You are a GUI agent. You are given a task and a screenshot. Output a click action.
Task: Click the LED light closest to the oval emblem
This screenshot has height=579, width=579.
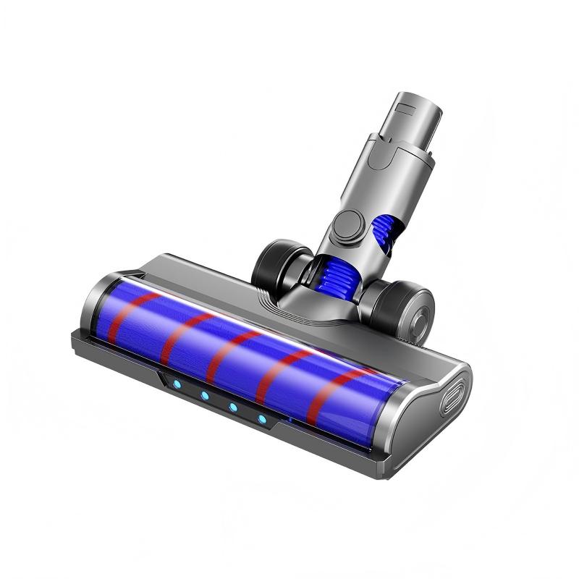pyautogui.click(x=262, y=419)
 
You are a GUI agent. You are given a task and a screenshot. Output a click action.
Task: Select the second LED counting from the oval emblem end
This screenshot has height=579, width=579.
pyautogui.click(x=233, y=407)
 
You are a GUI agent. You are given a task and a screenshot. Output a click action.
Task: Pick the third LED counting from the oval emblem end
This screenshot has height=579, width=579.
pyautogui.click(x=205, y=397)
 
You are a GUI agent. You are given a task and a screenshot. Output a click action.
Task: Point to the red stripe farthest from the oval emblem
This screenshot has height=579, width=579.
pyautogui.click(x=130, y=315)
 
